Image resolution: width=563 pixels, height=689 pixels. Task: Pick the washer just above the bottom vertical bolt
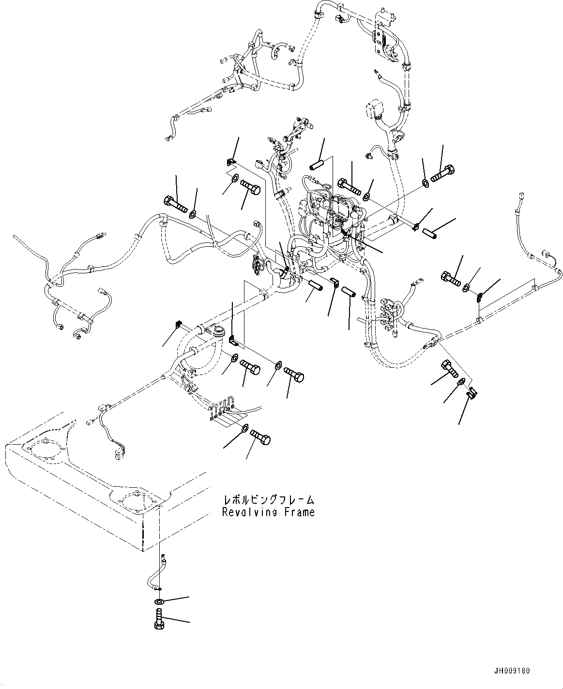159,601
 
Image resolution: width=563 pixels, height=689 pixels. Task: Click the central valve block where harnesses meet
334,213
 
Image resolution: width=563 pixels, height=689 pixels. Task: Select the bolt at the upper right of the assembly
441,174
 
